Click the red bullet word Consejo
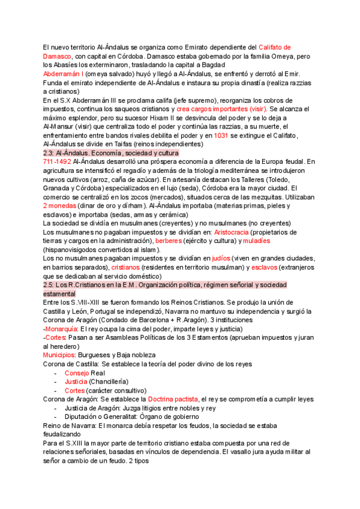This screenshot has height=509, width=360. click(x=77, y=373)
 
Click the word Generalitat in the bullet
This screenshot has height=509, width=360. click(x=121, y=416)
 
